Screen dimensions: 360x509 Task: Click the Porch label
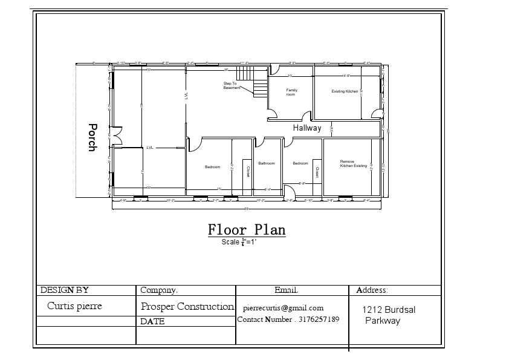coord(92,137)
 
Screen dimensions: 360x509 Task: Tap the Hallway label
coord(307,128)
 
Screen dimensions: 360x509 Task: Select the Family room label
coord(291,92)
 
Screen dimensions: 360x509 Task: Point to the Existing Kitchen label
coord(345,91)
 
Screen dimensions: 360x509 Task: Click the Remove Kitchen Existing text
coord(353,163)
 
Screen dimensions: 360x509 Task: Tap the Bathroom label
coord(267,163)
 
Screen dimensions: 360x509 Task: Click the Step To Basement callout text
coord(232,85)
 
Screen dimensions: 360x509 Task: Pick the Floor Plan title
coord(247,230)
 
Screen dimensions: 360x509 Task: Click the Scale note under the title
coord(239,242)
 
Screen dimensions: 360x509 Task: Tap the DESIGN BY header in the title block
coord(64,290)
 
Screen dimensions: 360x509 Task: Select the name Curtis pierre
coord(74,306)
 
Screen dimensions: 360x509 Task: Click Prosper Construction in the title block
coord(187,307)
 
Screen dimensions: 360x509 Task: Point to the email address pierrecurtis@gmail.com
coord(284,308)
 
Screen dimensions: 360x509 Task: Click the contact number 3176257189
coord(288,319)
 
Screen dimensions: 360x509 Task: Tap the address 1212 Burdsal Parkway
coord(388,315)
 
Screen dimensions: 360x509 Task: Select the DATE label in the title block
coord(152,322)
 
